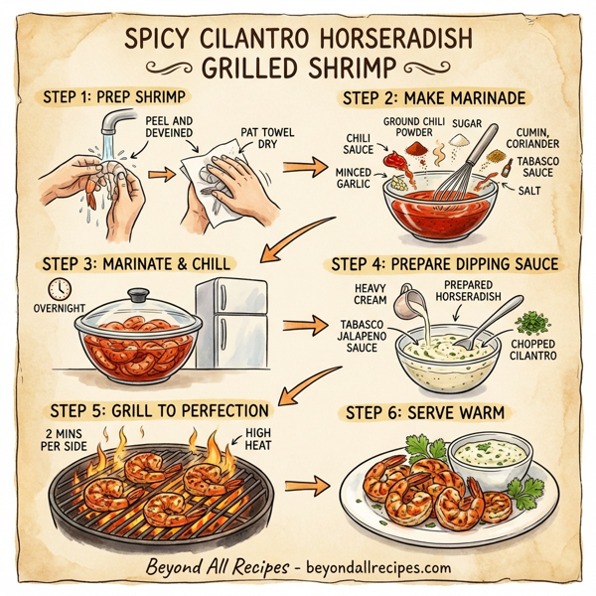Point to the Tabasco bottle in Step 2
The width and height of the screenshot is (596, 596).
(508, 168)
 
